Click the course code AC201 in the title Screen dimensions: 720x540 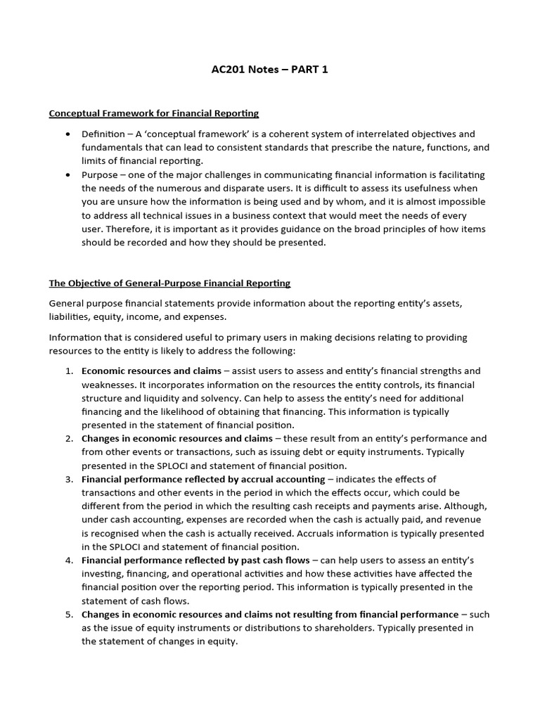coord(228,69)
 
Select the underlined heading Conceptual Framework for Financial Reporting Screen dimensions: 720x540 coord(153,113)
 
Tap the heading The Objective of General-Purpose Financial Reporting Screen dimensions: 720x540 coord(169,283)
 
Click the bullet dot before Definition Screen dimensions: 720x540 coord(67,134)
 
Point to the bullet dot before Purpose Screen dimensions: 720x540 coord(67,174)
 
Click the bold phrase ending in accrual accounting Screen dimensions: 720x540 coord(203,480)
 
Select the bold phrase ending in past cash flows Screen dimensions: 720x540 coord(195,560)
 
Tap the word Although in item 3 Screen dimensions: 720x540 coord(464,506)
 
